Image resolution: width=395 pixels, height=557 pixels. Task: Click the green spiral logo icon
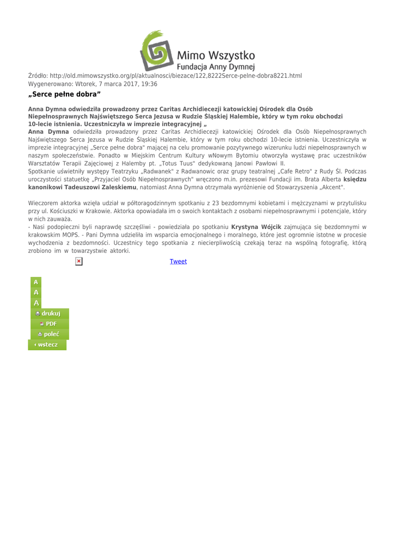coord(157,48)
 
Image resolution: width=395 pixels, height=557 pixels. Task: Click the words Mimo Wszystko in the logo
coord(217,55)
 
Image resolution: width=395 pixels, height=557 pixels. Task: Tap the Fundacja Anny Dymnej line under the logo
coord(217,67)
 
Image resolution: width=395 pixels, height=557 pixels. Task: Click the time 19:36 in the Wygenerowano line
coord(149,84)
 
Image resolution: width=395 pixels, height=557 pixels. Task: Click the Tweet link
coord(178,262)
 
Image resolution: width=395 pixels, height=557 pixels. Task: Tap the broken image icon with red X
coord(79,262)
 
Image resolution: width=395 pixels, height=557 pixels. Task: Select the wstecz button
coord(48,344)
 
